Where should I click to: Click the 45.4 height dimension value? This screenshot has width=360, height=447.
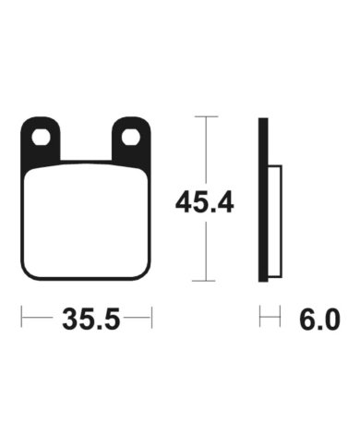click(204, 202)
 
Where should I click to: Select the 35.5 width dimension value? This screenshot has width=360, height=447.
click(90, 319)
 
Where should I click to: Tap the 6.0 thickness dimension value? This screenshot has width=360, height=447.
click(319, 320)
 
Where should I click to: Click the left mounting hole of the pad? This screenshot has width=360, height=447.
click(41, 138)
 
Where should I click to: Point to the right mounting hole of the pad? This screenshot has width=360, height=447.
click(131, 138)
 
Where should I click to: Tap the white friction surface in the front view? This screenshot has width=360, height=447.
click(86, 221)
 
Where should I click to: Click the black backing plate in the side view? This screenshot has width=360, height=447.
click(263, 199)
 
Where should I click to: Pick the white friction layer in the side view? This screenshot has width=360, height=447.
click(275, 221)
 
